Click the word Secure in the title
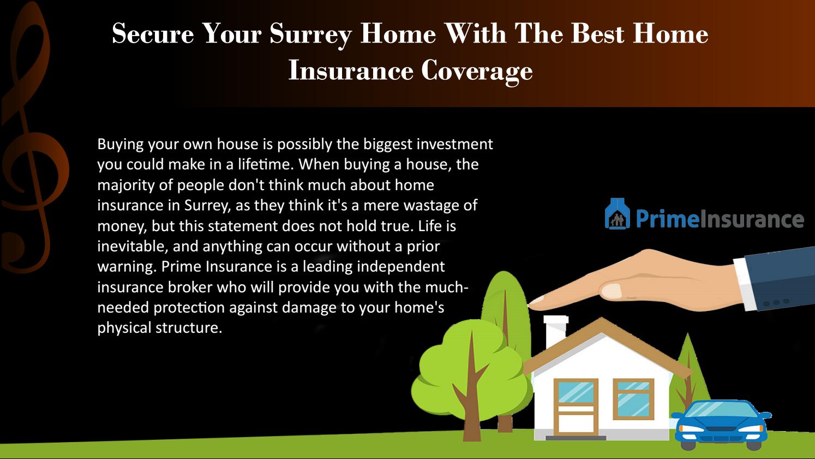(153, 34)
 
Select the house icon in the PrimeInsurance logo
(617, 214)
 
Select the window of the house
(633, 399)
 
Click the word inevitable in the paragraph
(131, 246)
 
